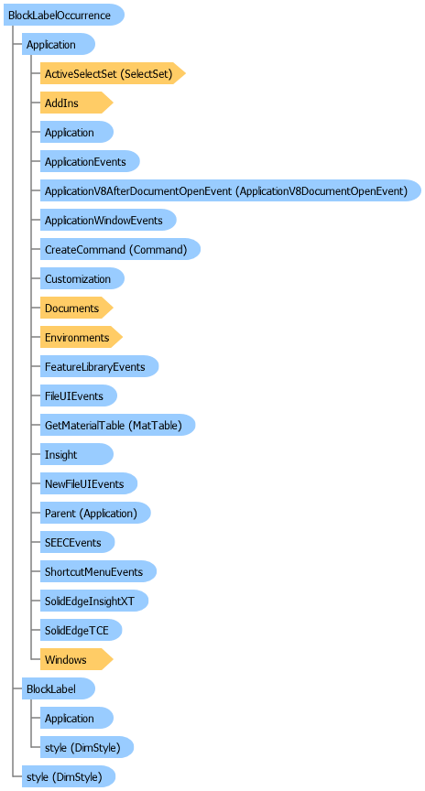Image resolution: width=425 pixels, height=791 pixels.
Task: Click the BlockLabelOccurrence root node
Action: tap(63, 16)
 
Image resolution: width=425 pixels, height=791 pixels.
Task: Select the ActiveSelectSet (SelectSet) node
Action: tap(113, 73)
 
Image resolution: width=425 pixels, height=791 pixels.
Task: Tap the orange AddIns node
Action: tap(76, 103)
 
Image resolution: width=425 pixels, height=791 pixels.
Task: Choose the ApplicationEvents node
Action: tap(90, 161)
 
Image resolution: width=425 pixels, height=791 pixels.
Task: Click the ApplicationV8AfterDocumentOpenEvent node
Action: tap(231, 190)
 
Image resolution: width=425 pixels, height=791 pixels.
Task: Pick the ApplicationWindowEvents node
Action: tap(108, 220)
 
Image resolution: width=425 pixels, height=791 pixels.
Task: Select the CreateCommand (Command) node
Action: tap(120, 249)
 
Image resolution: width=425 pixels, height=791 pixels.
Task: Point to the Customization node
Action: tap(82, 278)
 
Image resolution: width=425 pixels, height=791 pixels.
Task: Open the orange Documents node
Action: tap(76, 308)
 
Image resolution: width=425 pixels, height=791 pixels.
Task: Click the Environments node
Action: tap(82, 337)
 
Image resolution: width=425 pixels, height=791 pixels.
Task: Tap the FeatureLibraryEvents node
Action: tap(100, 366)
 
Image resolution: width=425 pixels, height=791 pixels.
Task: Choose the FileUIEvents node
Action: tap(79, 395)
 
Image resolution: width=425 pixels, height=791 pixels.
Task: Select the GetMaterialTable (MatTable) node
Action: tap(117, 425)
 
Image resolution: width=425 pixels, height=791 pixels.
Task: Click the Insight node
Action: tap(77, 454)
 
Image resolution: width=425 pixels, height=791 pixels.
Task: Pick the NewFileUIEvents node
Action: tap(89, 483)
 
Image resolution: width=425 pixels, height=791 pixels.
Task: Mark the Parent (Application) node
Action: tap(95, 513)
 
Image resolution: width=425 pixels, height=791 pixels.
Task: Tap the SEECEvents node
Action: tap(77, 542)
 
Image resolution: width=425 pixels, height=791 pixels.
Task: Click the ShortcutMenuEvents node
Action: tap(98, 571)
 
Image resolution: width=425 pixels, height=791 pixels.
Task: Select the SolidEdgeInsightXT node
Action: tap(94, 601)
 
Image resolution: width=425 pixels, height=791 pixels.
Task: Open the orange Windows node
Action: tap(76, 659)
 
